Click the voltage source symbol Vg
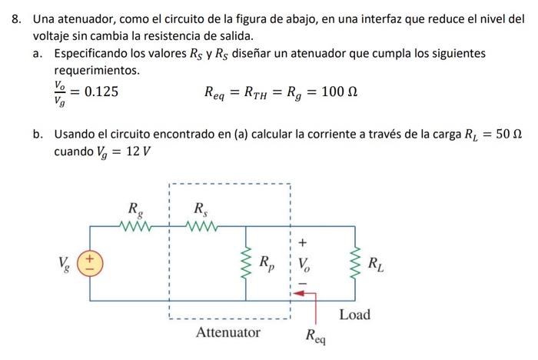(90, 265)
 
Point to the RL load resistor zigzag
(355, 264)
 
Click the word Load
(354, 314)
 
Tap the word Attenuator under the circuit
(227, 332)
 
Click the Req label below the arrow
(315, 335)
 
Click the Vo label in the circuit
(304, 265)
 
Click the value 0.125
(101, 92)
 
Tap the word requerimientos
(97, 71)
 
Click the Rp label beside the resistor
(266, 265)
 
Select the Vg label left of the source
(65, 265)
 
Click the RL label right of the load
(376, 265)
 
